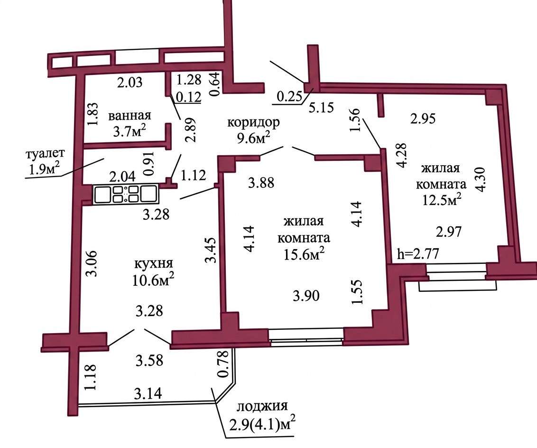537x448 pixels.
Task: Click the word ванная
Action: (130, 115)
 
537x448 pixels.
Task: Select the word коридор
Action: (254, 122)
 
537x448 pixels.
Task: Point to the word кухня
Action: (153, 264)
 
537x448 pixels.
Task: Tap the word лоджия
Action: (262, 407)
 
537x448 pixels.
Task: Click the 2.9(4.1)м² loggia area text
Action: (262, 425)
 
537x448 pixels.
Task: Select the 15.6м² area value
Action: (304, 254)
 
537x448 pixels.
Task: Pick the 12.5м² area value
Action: (441, 199)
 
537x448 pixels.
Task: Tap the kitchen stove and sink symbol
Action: (125, 195)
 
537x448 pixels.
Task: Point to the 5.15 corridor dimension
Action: (321, 107)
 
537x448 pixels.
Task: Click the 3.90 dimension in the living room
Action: (306, 295)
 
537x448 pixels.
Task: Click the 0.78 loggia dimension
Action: (223, 364)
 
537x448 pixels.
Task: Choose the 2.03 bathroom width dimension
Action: (130, 83)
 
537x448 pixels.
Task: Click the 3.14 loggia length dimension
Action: (148, 394)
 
